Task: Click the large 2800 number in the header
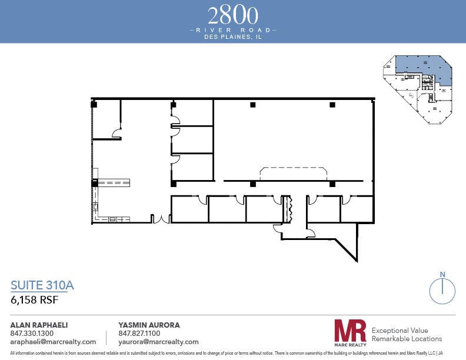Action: [233, 15]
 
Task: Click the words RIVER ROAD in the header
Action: [233, 29]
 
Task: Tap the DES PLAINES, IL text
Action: [233, 36]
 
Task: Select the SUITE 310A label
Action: [42, 286]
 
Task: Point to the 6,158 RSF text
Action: [35, 299]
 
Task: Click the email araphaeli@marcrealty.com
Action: [53, 342]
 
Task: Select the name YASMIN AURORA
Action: [149, 325]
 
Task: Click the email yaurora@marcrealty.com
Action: [159, 342]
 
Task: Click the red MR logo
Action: [350, 331]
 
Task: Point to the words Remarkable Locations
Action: [407, 339]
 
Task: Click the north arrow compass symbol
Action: [442, 289]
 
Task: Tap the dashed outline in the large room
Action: [294, 174]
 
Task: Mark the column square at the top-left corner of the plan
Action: [94, 105]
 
